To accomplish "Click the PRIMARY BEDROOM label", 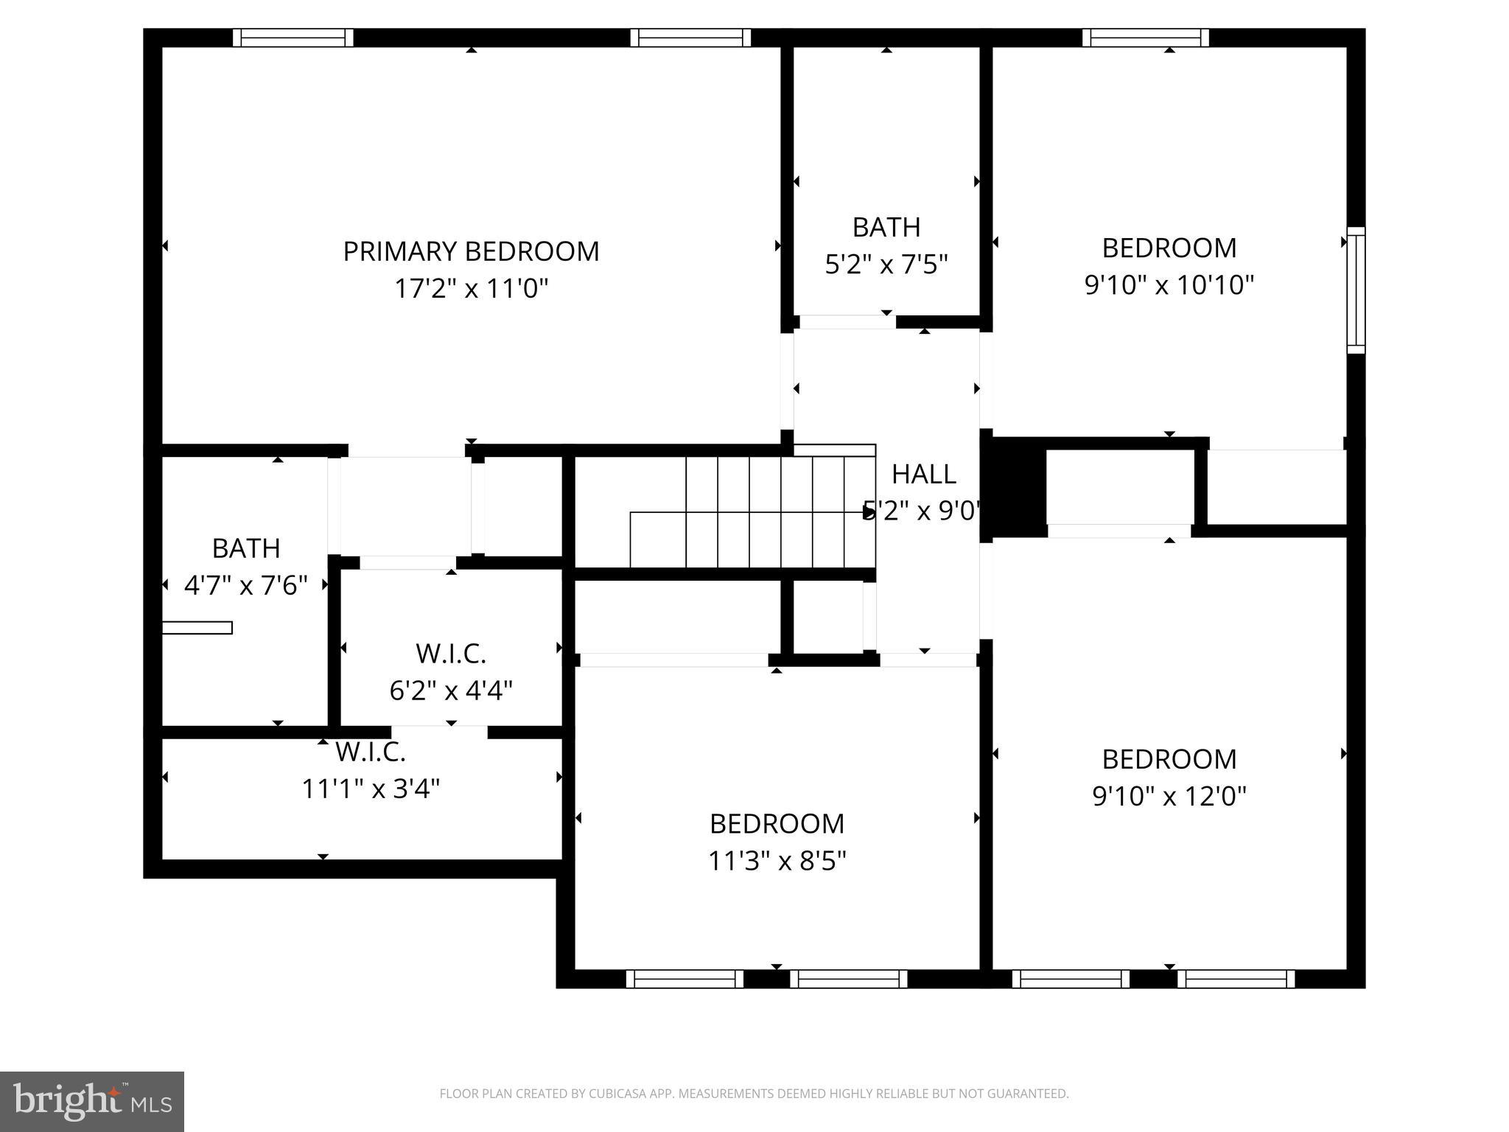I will pos(471,251).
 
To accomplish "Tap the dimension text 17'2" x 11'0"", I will pos(471,288).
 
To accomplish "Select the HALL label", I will pos(923,475).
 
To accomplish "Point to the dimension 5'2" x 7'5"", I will pos(886,264).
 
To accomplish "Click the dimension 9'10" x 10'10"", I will pos(1169,284).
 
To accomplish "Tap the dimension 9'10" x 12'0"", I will pos(1169,796).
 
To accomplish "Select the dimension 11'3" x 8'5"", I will pos(777,861).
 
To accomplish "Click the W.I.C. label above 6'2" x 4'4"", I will pos(450,654).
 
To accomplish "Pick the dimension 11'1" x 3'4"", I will pos(371,789).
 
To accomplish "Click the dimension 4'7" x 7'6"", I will pos(245,586).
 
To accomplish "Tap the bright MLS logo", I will pos(91,1102).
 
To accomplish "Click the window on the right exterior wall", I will pos(1356,290).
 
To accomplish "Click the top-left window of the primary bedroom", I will pos(293,38).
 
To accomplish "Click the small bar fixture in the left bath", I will pos(197,628).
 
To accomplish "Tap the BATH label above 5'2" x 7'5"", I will pos(886,228).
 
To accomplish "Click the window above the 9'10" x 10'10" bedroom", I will pos(1145,38).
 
